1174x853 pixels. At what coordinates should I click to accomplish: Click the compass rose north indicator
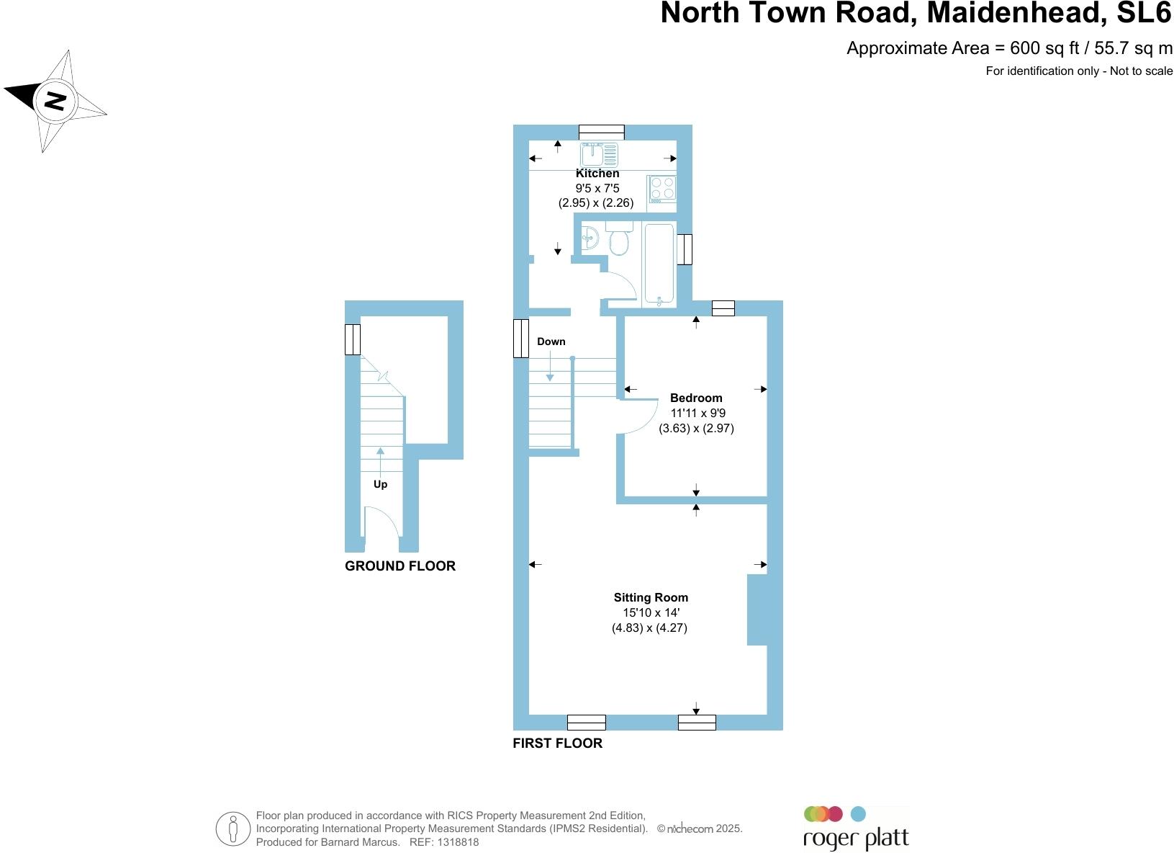point(55,100)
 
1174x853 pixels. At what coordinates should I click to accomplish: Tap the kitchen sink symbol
point(599,153)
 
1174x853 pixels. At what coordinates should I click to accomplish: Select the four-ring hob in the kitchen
point(661,188)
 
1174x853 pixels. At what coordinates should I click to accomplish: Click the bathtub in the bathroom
point(659,264)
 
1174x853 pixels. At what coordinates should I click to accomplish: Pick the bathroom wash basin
point(590,237)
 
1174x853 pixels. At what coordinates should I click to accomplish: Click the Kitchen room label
point(597,174)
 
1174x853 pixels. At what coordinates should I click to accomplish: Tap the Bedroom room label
point(695,398)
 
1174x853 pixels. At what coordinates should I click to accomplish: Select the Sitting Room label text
point(650,597)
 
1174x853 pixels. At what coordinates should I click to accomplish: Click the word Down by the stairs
point(551,341)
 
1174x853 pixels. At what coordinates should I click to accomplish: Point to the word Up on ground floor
point(380,484)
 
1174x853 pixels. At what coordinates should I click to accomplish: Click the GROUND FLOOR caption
point(399,566)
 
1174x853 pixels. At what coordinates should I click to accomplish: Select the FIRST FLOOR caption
point(557,743)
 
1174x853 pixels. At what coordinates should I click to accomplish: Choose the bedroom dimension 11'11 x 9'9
point(695,414)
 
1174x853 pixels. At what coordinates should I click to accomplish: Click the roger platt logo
point(855,829)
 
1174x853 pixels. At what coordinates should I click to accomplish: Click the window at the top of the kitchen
point(601,132)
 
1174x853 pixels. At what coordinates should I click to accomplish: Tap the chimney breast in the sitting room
point(757,609)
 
